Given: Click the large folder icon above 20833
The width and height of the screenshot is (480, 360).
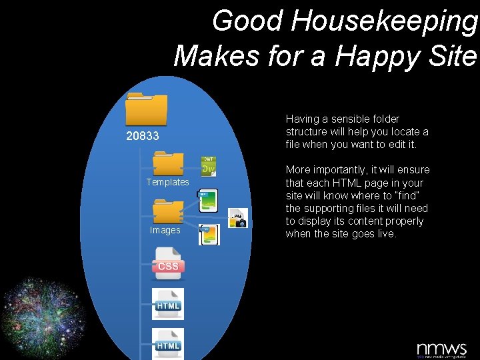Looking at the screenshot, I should coord(147,109).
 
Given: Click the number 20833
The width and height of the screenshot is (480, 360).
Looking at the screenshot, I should coord(143,137).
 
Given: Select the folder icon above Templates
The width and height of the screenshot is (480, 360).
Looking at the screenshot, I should coord(168,164).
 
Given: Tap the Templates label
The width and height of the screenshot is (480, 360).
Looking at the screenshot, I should coord(168,182).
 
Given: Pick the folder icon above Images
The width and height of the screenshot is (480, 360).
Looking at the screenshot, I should coord(168,211).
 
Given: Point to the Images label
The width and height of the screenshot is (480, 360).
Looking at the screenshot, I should coord(165,230).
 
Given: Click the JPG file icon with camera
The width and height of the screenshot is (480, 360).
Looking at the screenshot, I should coord(237,218).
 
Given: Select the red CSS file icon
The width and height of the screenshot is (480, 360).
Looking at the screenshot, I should coord(168,262).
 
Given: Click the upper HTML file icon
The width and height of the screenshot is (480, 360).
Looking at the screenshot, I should coord(168,303).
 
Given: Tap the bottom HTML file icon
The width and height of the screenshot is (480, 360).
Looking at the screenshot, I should coord(168,343).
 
